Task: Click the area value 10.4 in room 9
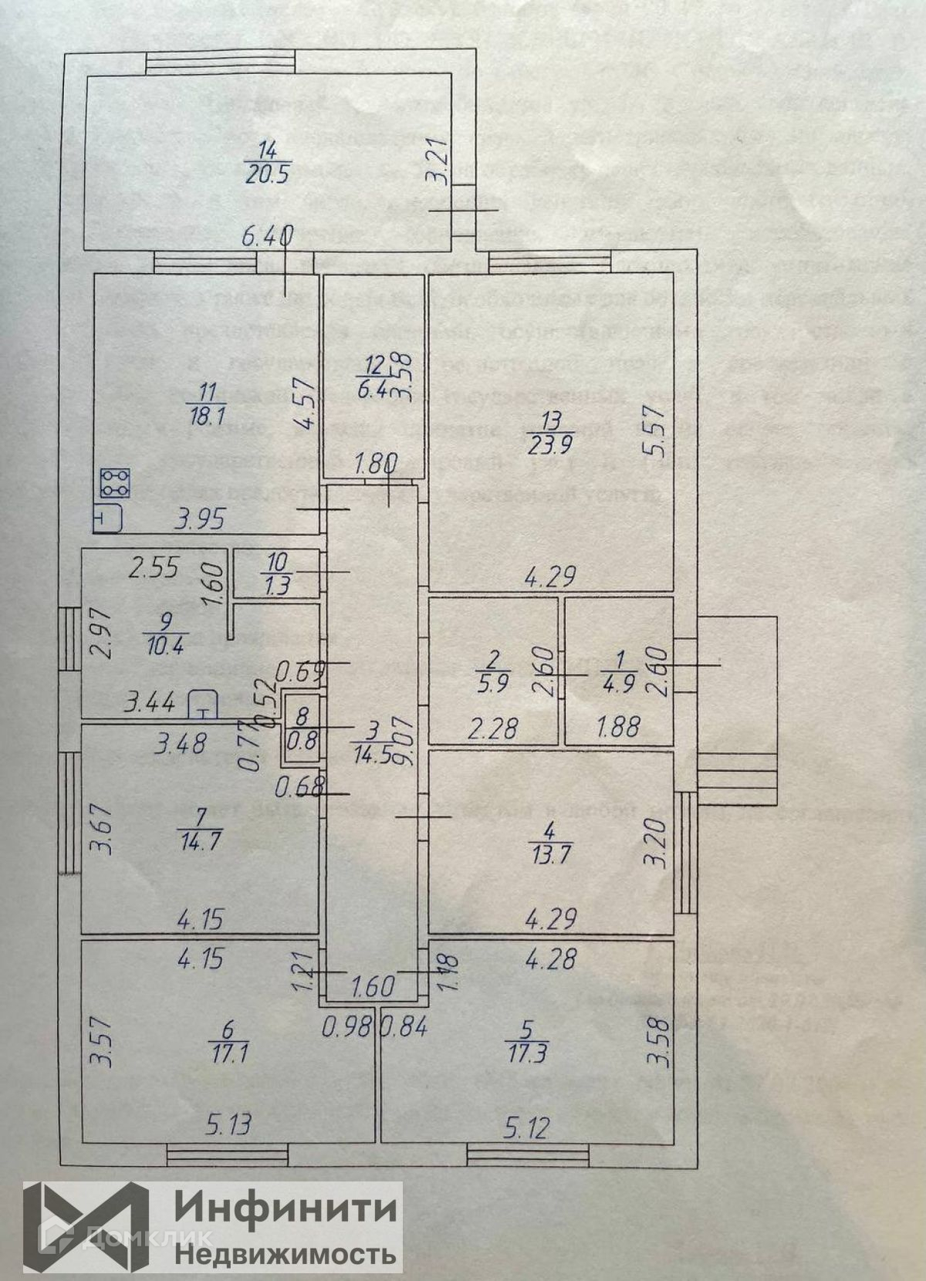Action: pos(164,642)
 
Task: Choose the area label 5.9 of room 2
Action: pos(494,682)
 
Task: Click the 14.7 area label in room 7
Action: pos(199,840)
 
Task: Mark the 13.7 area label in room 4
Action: pos(549,855)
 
